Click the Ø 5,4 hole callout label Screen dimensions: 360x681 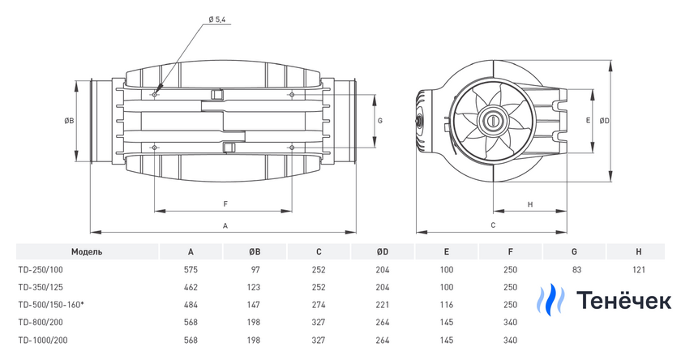pos(217,19)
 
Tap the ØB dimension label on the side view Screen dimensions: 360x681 pos(70,121)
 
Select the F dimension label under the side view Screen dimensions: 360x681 pos(225,204)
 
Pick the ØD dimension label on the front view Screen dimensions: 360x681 pos(605,120)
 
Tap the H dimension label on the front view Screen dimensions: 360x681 pos(529,204)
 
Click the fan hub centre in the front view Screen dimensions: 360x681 pos(492,120)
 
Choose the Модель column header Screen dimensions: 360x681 pos(86,251)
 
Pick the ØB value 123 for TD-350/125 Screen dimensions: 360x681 pos(255,286)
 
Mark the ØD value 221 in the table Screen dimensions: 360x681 pos(383,303)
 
